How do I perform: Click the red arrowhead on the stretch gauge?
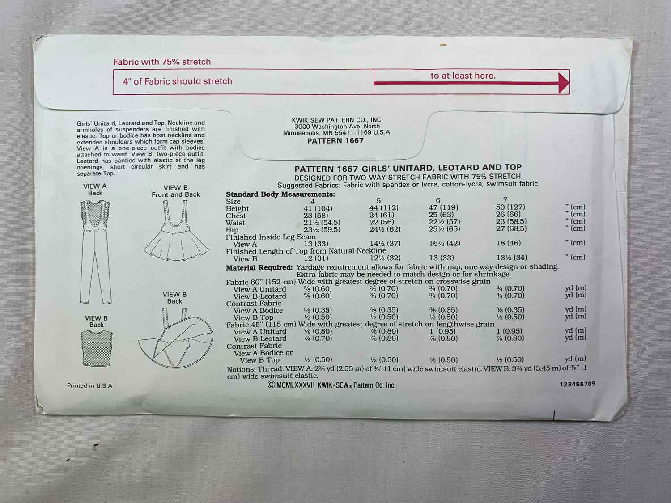pyautogui.click(x=563, y=83)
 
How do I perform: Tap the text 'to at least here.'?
pyautogui.click(x=463, y=76)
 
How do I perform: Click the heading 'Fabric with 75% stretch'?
pyautogui.click(x=162, y=62)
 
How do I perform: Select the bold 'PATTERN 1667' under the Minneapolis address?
pyautogui.click(x=335, y=141)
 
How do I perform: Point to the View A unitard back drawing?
pyautogui.click(x=95, y=252)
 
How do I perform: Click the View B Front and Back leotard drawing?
pyautogui.click(x=176, y=230)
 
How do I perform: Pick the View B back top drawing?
pyautogui.click(x=97, y=348)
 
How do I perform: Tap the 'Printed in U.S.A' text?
pyautogui.click(x=89, y=386)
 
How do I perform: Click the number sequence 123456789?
pyautogui.click(x=577, y=384)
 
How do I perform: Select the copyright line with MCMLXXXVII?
pyautogui.click(x=331, y=385)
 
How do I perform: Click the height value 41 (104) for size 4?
pyautogui.click(x=318, y=208)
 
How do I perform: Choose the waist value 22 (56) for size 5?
pyautogui.click(x=382, y=222)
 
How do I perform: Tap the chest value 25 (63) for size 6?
pyautogui.click(x=441, y=215)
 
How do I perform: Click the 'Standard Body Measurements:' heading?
pyautogui.click(x=280, y=194)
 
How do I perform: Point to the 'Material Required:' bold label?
pyautogui.click(x=259, y=268)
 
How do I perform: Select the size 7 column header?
pyautogui.click(x=505, y=200)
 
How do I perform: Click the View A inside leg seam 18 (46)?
pyautogui.click(x=508, y=243)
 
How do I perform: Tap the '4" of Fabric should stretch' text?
pyautogui.click(x=177, y=81)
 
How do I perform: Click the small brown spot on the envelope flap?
pyautogui.click(x=443, y=45)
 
